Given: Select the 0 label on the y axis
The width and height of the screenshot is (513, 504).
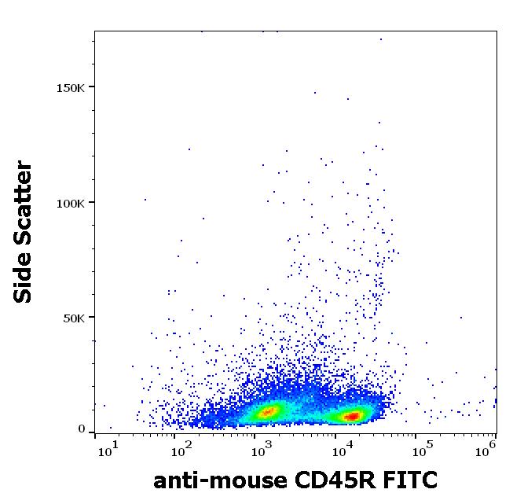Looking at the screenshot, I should point(82,429).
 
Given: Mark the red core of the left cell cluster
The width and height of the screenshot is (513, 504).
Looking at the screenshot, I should point(268,410).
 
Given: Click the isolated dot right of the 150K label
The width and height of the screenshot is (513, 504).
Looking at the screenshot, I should point(316,92).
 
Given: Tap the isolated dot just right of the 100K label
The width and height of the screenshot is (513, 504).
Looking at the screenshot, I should point(145,200).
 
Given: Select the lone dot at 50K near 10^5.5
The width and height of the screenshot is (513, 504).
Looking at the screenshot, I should point(461,318).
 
